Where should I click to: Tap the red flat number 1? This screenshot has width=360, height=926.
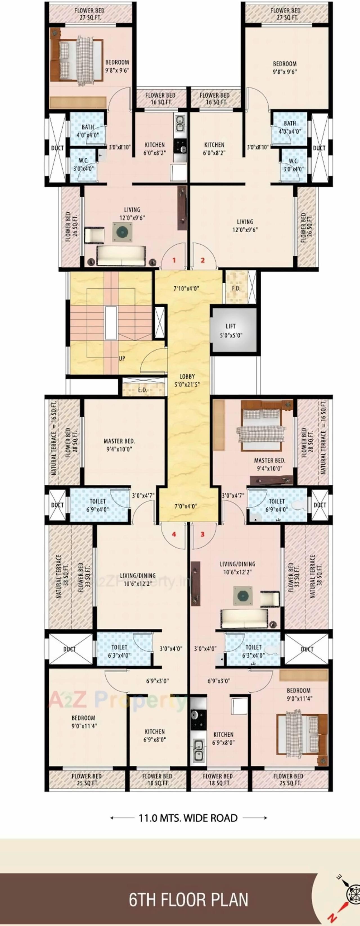(174, 260)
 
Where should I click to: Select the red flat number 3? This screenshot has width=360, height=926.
(202, 534)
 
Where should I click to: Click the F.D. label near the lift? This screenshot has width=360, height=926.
(236, 289)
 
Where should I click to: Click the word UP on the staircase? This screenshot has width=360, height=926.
(122, 358)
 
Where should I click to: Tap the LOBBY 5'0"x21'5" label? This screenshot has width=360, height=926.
(187, 380)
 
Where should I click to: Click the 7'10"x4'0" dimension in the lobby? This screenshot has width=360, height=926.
(186, 288)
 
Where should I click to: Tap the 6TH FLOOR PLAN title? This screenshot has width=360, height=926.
(188, 900)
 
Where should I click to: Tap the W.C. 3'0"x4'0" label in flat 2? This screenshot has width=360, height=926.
(293, 165)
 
